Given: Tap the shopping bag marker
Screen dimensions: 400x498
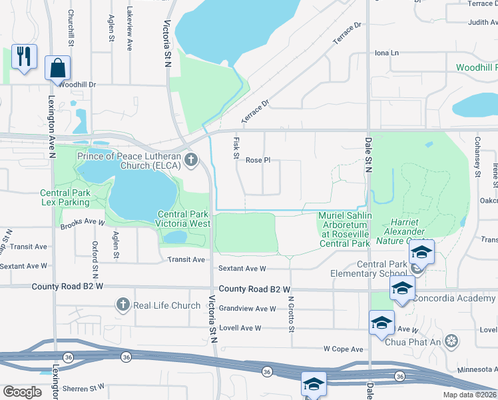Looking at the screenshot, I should (58, 67).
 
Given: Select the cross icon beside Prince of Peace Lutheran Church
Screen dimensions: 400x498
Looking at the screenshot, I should (191, 159).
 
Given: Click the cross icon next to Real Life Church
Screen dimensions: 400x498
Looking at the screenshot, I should (123, 305).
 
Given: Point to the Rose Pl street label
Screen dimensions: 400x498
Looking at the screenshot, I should (258, 160).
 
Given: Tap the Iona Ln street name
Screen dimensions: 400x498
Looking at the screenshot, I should (386, 53).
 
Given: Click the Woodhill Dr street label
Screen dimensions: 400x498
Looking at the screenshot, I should (77, 85).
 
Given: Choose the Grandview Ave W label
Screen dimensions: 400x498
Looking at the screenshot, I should (248, 309).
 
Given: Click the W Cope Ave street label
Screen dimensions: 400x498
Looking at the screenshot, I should (343, 349).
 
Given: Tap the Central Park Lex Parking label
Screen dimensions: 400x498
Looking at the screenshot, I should (65, 197).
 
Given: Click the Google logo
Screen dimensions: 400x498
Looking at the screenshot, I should (22, 391).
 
